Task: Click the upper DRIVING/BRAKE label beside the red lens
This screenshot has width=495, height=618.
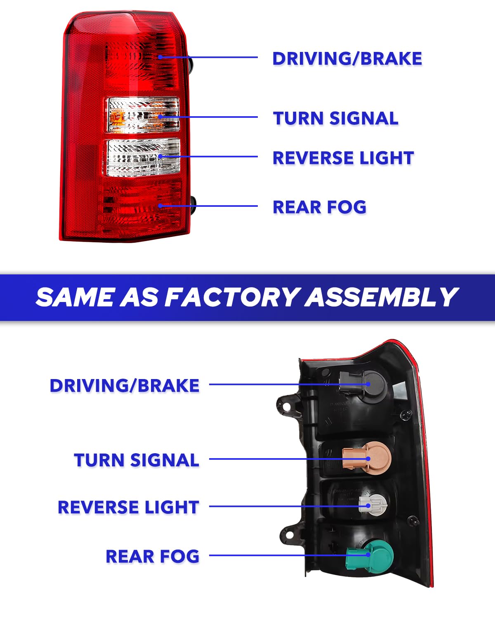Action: (347, 59)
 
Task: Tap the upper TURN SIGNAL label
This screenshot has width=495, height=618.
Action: (336, 118)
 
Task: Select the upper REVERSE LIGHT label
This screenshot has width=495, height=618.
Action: (344, 158)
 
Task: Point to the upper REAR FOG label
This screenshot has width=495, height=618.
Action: (320, 207)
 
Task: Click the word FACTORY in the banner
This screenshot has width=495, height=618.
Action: (231, 297)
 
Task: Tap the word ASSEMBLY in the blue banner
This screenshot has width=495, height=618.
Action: (381, 297)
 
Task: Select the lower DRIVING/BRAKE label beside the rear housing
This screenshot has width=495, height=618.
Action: (125, 385)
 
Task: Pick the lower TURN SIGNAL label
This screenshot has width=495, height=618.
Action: (137, 460)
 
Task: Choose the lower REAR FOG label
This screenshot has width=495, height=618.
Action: (153, 556)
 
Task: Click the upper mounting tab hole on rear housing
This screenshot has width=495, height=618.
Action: (286, 406)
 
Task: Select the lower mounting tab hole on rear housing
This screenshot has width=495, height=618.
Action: (289, 535)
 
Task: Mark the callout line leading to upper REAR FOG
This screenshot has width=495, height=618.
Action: (208, 206)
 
